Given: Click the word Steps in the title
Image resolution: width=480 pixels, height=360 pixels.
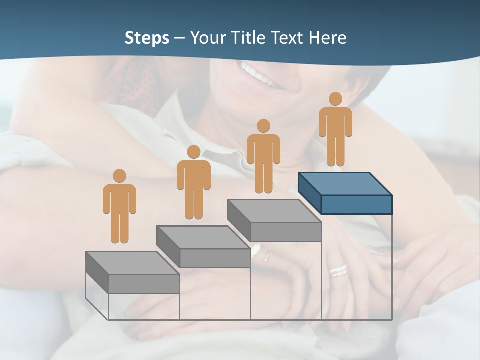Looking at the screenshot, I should pyautogui.click(x=147, y=38).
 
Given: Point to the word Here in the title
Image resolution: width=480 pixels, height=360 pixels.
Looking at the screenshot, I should pyautogui.click(x=328, y=38).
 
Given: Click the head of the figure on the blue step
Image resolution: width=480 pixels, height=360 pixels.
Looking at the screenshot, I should pyautogui.click(x=335, y=99).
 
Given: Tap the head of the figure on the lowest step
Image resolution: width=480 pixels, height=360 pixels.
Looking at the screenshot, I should pyautogui.click(x=119, y=176).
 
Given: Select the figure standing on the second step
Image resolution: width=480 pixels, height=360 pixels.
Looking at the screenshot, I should pyautogui.click(x=194, y=182).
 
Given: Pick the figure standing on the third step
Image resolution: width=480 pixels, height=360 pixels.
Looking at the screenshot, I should pyautogui.click(x=263, y=156).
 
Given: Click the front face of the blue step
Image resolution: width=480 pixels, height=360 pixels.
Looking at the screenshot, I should pyautogui.click(x=356, y=204).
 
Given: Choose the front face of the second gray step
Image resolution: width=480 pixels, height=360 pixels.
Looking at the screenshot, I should pyautogui.click(x=215, y=258).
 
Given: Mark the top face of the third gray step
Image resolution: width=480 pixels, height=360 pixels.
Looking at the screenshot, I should pyautogui.click(x=274, y=210).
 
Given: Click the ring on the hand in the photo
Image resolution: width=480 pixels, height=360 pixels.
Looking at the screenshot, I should pyautogui.click(x=338, y=270).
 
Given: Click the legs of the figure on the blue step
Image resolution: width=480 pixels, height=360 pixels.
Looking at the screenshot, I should pyautogui.click(x=335, y=150).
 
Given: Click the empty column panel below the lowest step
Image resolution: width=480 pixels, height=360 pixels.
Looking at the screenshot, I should pyautogui.click(x=144, y=306).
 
